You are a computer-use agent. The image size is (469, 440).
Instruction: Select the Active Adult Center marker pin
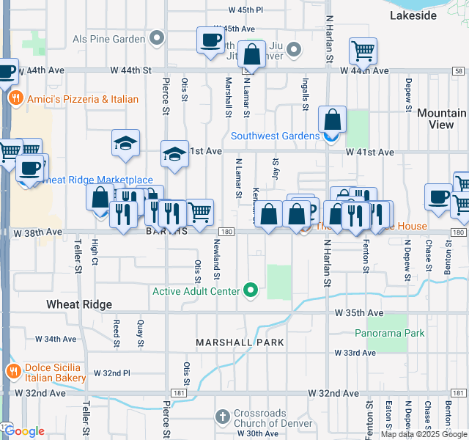251,291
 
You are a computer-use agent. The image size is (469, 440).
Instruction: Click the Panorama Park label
389,333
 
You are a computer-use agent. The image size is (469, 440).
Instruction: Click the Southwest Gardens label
275,136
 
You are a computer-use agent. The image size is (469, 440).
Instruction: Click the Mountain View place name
441,119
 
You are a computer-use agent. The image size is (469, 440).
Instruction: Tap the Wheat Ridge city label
79,304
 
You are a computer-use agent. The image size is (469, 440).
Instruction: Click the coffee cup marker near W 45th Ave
210,40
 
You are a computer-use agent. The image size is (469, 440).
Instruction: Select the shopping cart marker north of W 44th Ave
363,51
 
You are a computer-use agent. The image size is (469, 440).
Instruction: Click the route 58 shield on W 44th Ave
458,71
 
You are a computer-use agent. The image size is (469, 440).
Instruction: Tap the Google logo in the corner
24,431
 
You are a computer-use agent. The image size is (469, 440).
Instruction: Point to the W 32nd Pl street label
111,373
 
